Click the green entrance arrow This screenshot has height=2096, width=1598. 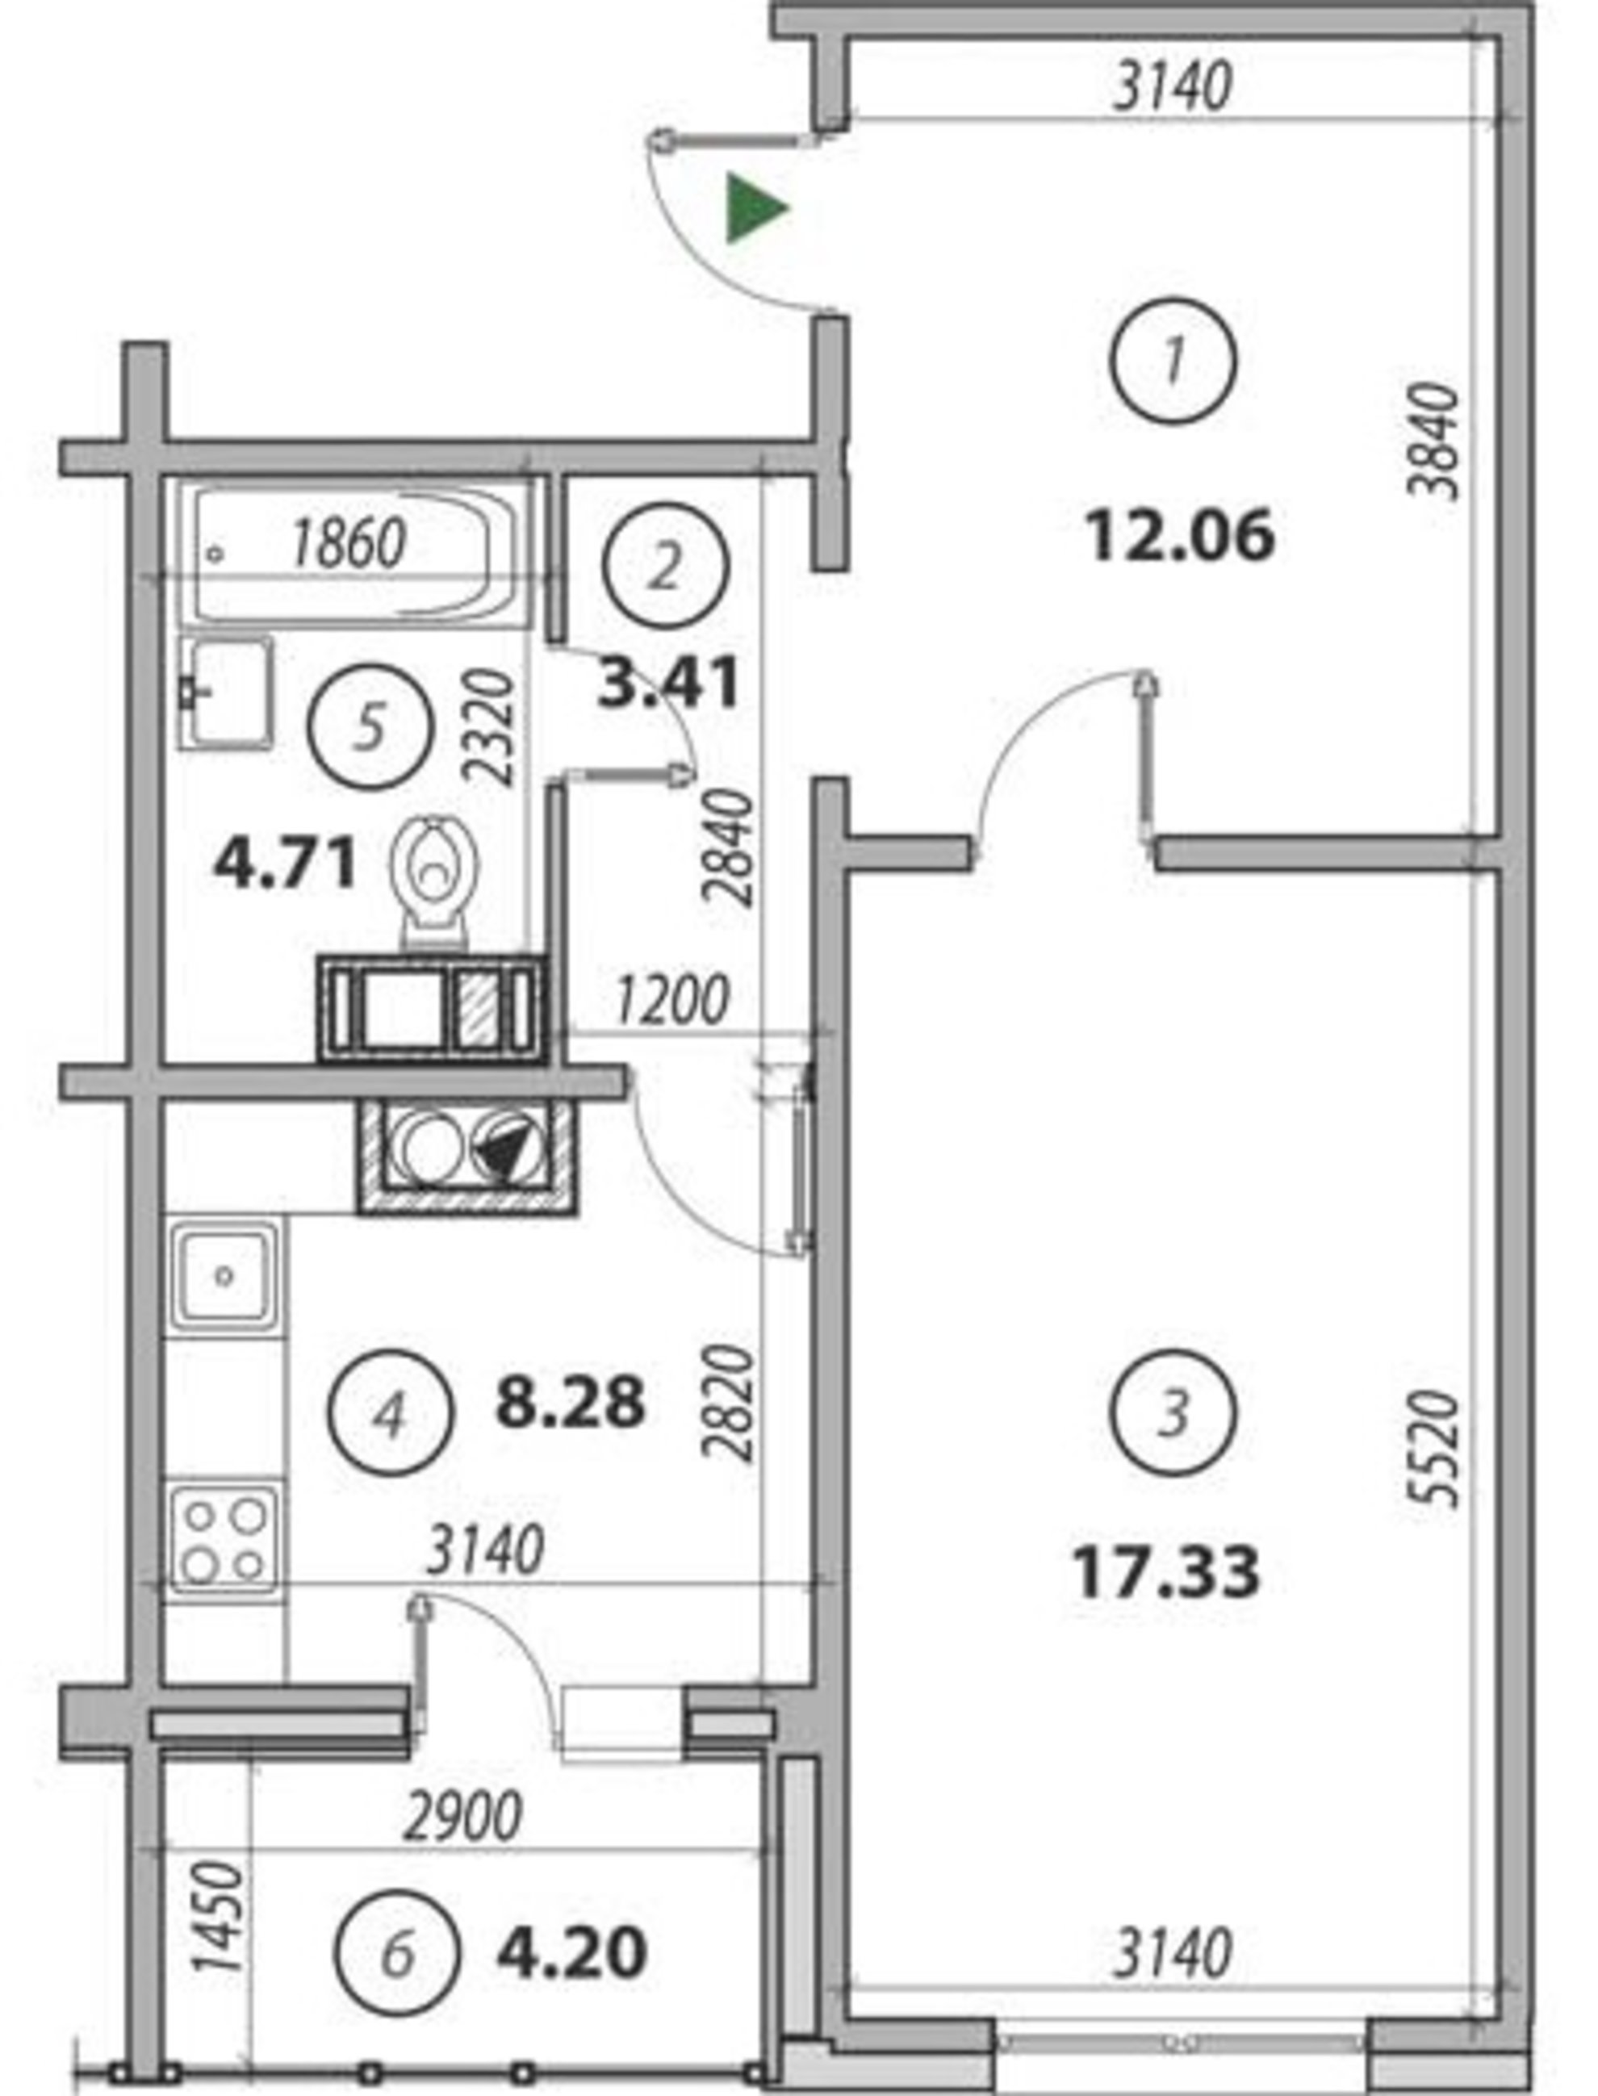755,207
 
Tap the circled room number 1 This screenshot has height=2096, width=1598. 1173,361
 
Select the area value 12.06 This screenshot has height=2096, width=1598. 1179,535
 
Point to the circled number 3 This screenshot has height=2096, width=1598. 1173,1412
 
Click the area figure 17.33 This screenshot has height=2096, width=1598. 1166,1571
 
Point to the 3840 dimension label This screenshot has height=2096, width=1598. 1434,441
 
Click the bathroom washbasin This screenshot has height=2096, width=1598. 226,693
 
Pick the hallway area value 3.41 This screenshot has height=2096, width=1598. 669,684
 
